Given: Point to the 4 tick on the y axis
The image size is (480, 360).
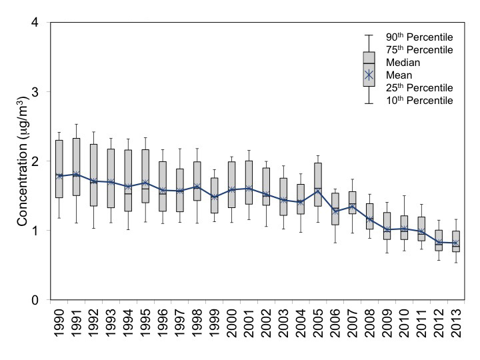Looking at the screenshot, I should pyautogui.click(x=41, y=23).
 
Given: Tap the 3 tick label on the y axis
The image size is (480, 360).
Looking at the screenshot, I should pyautogui.click(x=41, y=92).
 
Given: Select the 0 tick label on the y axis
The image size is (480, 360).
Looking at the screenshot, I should pyautogui.click(x=41, y=300).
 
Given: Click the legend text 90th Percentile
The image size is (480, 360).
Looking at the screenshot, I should pyautogui.click(x=419, y=36).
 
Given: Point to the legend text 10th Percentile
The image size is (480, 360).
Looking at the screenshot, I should pyautogui.click(x=419, y=101).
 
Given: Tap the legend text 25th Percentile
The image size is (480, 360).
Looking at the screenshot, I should pyautogui.click(x=419, y=88).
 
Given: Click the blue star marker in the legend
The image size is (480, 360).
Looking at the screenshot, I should pyautogui.click(x=369, y=75).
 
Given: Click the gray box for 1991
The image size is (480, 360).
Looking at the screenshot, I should pyautogui.click(x=76, y=167).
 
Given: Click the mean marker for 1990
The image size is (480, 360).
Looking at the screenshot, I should pyautogui.click(x=59, y=176).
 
